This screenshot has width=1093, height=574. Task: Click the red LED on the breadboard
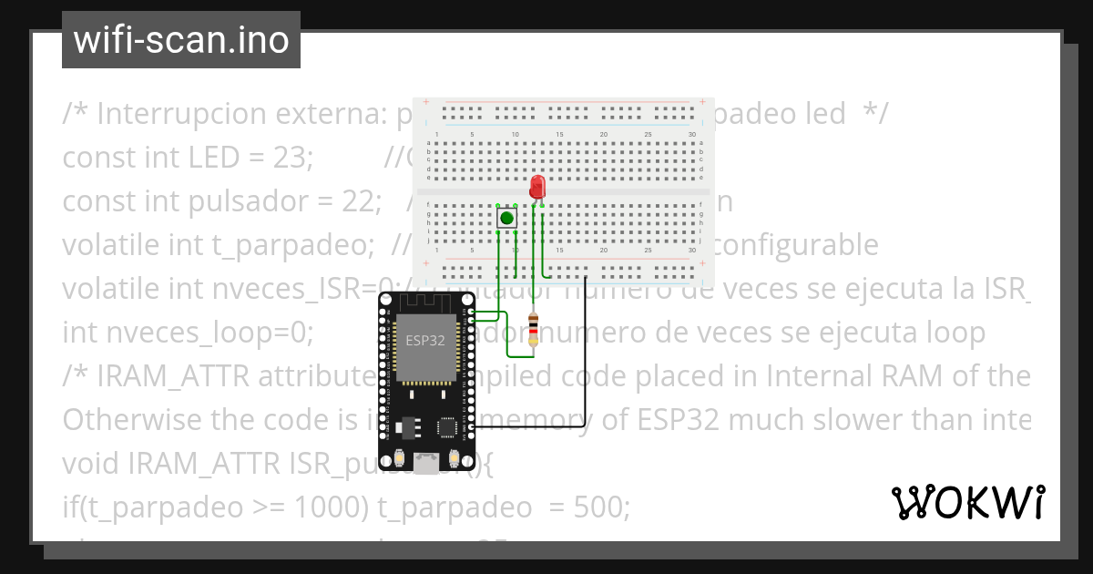(x=537, y=188)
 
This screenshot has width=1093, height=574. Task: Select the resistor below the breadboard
(x=534, y=329)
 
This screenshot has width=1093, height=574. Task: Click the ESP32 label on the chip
(x=425, y=341)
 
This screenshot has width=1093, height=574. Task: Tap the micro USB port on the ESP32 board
(x=425, y=465)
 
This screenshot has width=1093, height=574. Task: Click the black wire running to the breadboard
(x=586, y=364)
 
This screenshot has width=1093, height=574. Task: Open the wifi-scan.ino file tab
(x=181, y=40)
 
